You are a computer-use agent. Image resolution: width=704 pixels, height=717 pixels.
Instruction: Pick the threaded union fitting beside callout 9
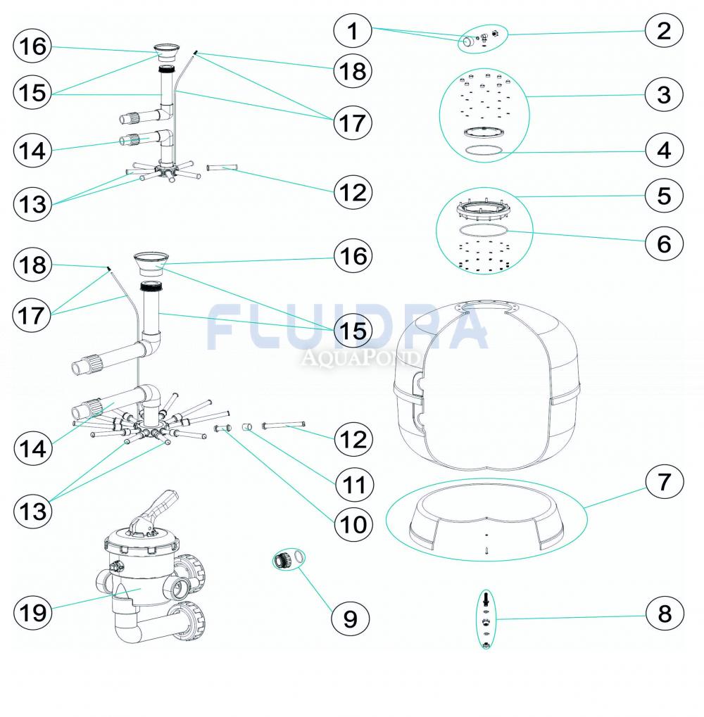[x=283, y=560]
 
